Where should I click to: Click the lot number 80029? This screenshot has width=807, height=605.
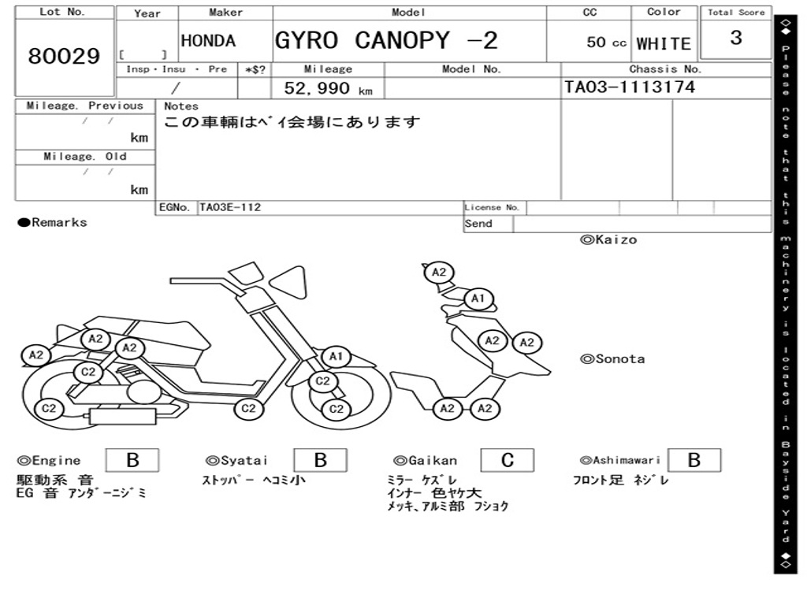tap(65, 57)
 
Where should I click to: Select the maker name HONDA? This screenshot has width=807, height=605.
tap(208, 41)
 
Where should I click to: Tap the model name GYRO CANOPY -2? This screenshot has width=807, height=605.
tap(386, 40)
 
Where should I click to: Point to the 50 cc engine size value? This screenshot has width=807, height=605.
tap(606, 43)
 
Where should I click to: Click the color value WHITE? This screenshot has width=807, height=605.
tap(664, 43)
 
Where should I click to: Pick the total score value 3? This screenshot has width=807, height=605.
tap(736, 39)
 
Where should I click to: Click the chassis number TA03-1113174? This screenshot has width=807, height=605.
tap(630, 87)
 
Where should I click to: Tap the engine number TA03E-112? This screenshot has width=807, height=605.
tap(230, 208)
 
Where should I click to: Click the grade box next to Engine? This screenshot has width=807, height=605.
tap(132, 460)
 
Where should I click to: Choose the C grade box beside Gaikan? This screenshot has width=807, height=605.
tap(508, 460)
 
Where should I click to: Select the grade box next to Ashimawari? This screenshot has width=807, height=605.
tap(694, 460)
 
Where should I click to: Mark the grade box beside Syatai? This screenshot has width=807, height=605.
tap(320, 460)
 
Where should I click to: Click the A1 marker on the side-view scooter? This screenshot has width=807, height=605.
tap(337, 357)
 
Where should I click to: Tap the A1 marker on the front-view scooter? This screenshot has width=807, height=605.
tap(478, 299)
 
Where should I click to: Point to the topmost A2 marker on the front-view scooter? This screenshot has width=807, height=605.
tap(439, 273)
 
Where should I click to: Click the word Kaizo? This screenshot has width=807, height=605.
tap(615, 239)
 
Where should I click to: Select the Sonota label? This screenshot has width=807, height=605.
tap(619, 359)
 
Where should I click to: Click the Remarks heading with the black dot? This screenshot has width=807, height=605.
tap(53, 223)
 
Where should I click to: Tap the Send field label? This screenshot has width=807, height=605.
tap(478, 224)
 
